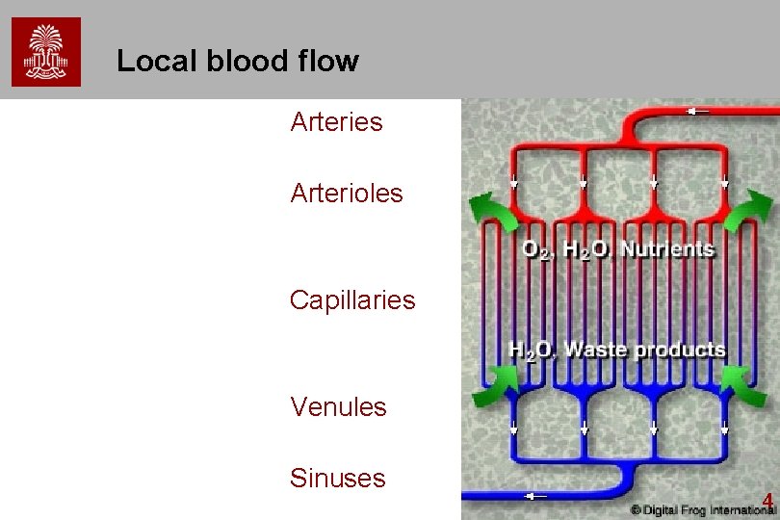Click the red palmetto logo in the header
coord(46,51)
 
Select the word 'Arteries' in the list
coord(336,122)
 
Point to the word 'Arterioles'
coord(347,193)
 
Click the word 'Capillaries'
coord(352,300)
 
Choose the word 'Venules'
coord(338,406)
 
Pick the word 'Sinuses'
coord(337,478)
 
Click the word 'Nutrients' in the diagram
coord(667,249)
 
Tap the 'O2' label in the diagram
coord(537,250)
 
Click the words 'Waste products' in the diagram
coord(644,350)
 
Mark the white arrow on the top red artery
coord(697,111)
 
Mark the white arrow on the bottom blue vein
coord(535,497)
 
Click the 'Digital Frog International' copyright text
coord(702,508)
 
